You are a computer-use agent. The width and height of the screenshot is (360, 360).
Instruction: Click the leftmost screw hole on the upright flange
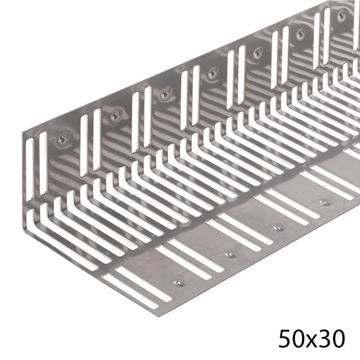pos(63,138)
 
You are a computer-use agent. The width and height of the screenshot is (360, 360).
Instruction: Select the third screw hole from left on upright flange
pos(165,94)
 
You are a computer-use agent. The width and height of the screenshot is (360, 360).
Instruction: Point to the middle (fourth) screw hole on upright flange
pos(213,72)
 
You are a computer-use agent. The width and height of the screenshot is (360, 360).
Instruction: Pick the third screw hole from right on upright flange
pos(257,51)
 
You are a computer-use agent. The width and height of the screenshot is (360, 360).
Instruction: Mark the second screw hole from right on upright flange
pos(300,32)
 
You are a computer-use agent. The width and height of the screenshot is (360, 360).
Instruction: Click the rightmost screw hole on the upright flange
pos(341,14)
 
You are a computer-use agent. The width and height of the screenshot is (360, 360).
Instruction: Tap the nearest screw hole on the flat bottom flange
pos(178,282)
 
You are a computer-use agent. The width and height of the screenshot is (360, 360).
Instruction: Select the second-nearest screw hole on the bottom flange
pos(230,255)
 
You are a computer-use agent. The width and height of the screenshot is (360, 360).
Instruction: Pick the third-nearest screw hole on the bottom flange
pos(278,228)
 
